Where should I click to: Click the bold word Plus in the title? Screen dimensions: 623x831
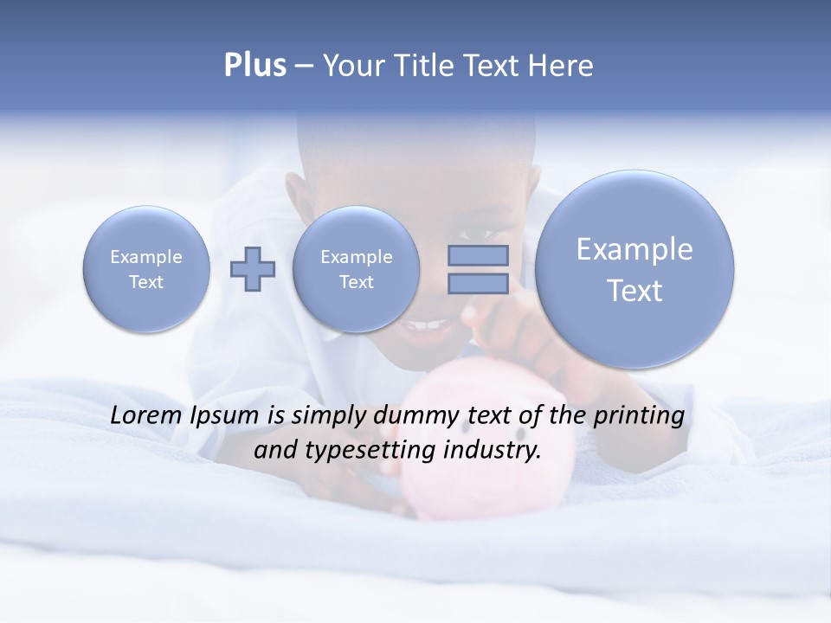(254, 66)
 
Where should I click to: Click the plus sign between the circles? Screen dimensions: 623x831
(253, 268)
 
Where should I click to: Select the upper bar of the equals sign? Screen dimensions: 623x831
(478, 255)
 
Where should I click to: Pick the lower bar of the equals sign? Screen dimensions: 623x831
(478, 283)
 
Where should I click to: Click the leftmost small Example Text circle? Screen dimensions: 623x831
(146, 269)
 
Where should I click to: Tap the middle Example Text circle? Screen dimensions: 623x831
(356, 269)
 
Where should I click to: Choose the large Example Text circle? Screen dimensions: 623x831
(635, 269)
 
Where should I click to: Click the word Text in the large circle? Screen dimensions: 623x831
(635, 291)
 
